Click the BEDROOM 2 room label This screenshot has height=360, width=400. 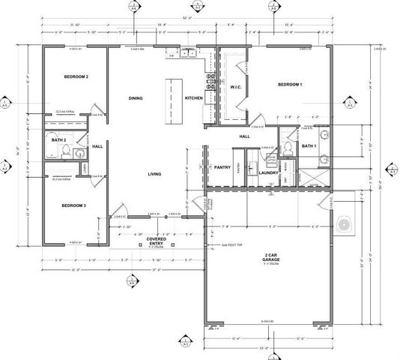pyautogui.click(x=76, y=76)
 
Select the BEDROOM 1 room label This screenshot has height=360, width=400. pyautogui.click(x=290, y=85)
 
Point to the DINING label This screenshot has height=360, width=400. pyautogui.click(x=135, y=98)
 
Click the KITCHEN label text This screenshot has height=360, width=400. pyautogui.click(x=193, y=98)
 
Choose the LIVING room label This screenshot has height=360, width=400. pyautogui.click(x=154, y=174)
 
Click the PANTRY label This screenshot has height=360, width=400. pyautogui.click(x=222, y=168)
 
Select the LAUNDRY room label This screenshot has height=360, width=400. pyautogui.click(x=268, y=173)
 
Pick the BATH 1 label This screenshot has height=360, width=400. pyautogui.click(x=309, y=145)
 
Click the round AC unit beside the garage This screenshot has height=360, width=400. pyautogui.click(x=345, y=223)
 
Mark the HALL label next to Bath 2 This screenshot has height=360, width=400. pyautogui.click(x=97, y=146)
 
